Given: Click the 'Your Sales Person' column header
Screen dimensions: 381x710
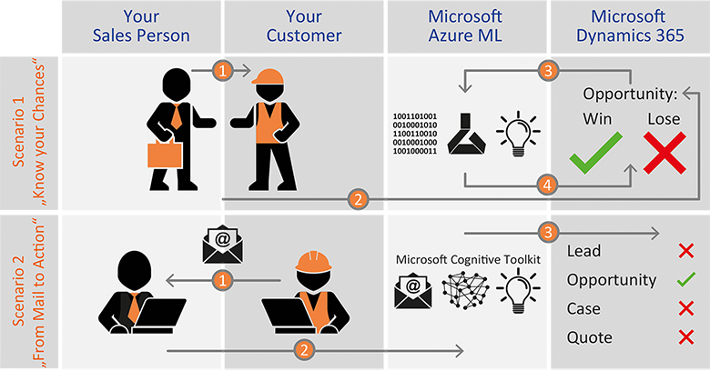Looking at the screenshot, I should point(142,26).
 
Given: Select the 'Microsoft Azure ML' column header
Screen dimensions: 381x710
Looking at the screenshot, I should point(466,26).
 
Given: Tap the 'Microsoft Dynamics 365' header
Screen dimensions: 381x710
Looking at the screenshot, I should point(628,26).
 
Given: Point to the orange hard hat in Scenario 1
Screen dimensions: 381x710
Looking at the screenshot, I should point(269,81).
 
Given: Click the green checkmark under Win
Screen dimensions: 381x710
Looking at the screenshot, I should point(595,152).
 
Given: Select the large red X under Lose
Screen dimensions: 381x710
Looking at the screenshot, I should point(664,151).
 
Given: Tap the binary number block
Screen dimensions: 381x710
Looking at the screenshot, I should point(415,135).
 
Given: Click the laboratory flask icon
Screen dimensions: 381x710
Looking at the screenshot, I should point(466,135).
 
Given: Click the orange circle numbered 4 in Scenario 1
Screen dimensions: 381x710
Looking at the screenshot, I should point(546,185).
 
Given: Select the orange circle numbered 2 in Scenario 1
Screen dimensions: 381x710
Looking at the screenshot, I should point(360,197).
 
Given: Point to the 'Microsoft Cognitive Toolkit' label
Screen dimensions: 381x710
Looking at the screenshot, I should point(465,259).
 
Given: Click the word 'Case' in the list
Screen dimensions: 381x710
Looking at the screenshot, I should point(584,309).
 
